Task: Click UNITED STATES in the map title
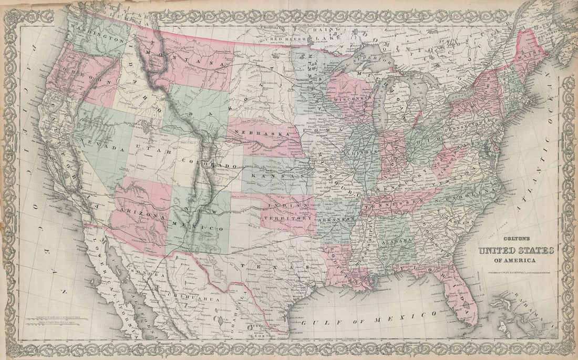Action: click(x=515, y=250)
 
